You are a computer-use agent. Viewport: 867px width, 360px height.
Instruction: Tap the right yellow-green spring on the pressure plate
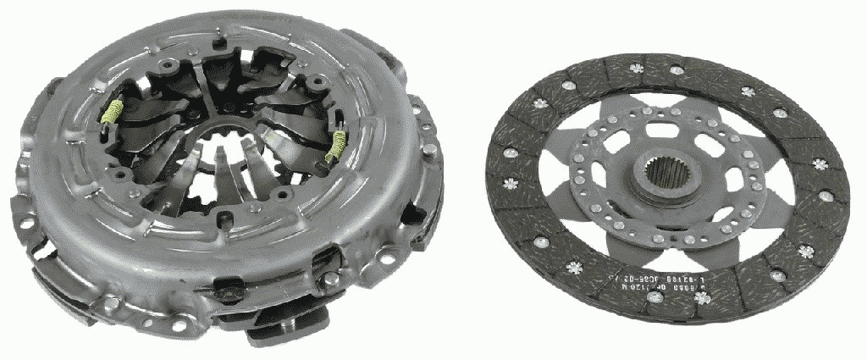click(337, 146)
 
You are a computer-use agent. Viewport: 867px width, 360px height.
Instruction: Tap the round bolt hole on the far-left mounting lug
click(26, 222)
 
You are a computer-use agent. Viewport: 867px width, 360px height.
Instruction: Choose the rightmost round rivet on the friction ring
click(826, 197)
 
